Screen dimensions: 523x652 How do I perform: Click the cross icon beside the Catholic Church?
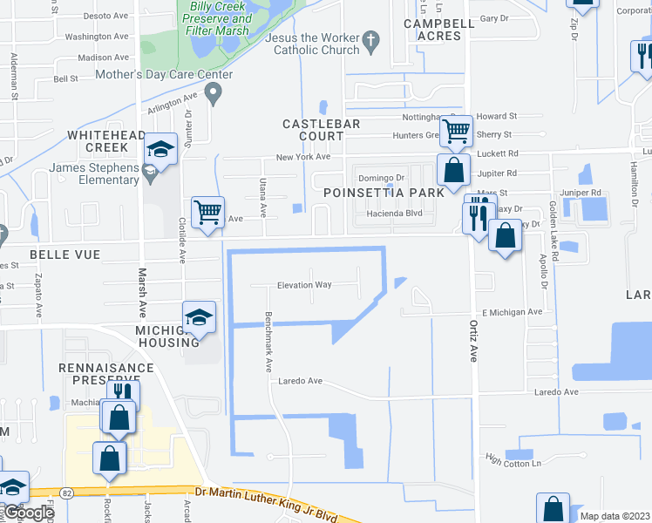click(371, 39)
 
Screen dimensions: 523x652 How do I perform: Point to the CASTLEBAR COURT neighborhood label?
click(321, 130)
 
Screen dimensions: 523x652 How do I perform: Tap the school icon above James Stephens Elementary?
click(161, 150)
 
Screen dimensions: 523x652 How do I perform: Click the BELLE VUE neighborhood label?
click(65, 254)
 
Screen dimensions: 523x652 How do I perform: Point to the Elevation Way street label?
click(305, 285)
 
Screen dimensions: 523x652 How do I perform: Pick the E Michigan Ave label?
click(512, 311)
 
